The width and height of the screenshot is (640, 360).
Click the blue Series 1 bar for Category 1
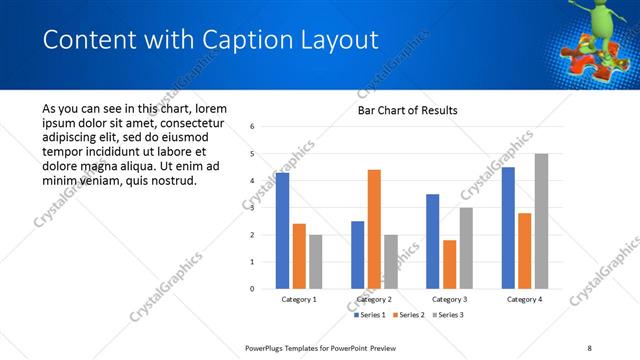283,231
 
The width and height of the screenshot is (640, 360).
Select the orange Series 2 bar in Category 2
374,229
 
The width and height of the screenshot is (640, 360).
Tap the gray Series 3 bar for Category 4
541,221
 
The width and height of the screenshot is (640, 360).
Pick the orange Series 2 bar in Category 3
450,264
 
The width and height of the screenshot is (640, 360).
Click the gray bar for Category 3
466,248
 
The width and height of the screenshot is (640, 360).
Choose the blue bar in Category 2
358,255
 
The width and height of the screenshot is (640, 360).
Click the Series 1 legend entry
371,316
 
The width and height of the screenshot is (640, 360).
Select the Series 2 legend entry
410,316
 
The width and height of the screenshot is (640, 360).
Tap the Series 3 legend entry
449,316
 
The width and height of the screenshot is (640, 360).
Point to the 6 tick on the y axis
253,127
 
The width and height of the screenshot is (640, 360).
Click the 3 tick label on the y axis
253,208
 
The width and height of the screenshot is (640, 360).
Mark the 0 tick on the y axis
253,289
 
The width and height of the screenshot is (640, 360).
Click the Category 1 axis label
299,299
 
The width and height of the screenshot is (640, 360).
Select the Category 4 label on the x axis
524,299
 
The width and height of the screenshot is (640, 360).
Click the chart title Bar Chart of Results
408,111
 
